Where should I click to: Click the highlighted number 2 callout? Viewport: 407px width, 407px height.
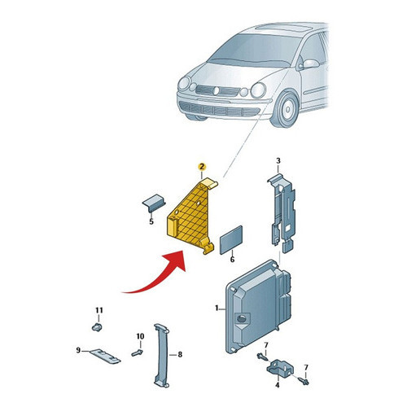coord(202,167)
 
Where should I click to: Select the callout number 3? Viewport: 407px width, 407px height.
coord(278,161)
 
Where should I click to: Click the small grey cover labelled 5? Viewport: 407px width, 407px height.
coord(154,203)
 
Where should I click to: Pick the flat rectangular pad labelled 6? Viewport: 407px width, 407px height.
coord(231,240)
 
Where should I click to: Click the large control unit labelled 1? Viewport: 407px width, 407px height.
coord(259,307)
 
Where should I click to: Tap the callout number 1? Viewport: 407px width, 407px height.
coord(217,308)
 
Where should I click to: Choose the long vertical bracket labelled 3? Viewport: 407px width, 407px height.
coord(282,213)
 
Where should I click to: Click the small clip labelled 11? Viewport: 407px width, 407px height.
coord(97,327)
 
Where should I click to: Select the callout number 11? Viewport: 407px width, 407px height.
coord(99,310)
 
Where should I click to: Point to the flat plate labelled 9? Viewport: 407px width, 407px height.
coord(105,356)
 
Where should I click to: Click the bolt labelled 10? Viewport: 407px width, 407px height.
coord(138,353)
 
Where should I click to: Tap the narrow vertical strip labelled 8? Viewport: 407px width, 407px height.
coord(162,355)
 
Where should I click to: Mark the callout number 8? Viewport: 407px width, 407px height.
coord(180,354)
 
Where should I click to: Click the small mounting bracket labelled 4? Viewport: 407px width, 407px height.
coord(279,368)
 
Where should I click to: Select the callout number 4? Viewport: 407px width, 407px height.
coord(278,385)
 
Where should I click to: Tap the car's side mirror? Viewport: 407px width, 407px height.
coord(309,64)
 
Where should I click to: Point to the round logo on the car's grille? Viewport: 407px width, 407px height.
coord(217,90)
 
